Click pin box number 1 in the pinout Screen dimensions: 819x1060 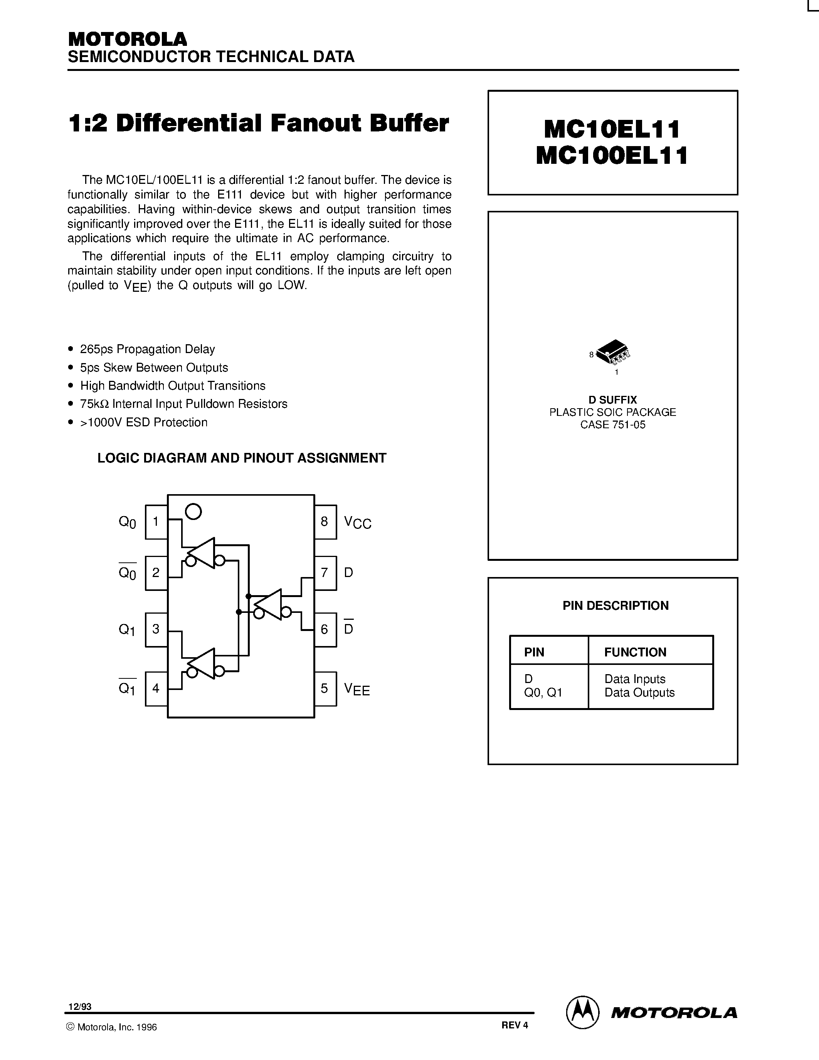[x=156, y=522]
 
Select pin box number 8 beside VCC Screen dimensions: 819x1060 [x=325, y=522]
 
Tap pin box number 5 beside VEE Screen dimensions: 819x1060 [x=325, y=688]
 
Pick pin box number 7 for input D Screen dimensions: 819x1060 [x=325, y=573]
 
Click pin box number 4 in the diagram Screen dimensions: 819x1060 [x=156, y=688]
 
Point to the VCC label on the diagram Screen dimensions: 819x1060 [x=358, y=523]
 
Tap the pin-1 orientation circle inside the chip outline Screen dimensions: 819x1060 [x=193, y=511]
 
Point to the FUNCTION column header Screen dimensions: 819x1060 [x=635, y=652]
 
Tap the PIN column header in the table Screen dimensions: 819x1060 [x=534, y=652]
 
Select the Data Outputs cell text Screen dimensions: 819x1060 [x=639, y=693]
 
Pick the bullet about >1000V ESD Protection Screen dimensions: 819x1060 [x=144, y=422]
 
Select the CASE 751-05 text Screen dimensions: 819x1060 [x=613, y=425]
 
